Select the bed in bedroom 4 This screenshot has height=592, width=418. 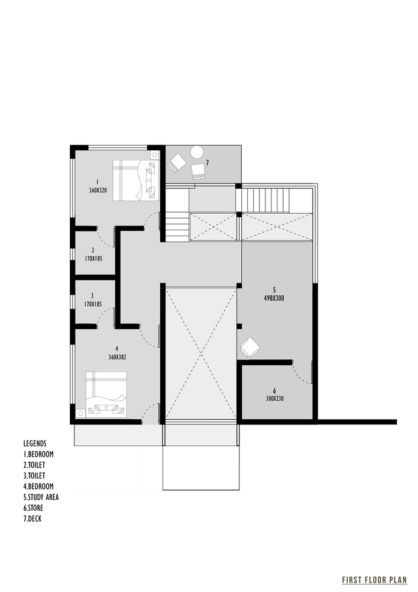pyautogui.click(x=106, y=395)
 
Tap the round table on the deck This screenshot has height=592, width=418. pyautogui.click(x=196, y=152)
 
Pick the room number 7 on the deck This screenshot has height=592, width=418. pyautogui.click(x=207, y=162)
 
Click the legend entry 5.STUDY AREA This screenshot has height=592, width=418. pyautogui.click(x=41, y=497)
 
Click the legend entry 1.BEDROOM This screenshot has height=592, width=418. pyautogui.click(x=38, y=453)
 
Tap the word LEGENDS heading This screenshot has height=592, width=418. pyautogui.click(x=35, y=443)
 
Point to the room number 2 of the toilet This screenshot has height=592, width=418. pyautogui.click(x=93, y=250)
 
